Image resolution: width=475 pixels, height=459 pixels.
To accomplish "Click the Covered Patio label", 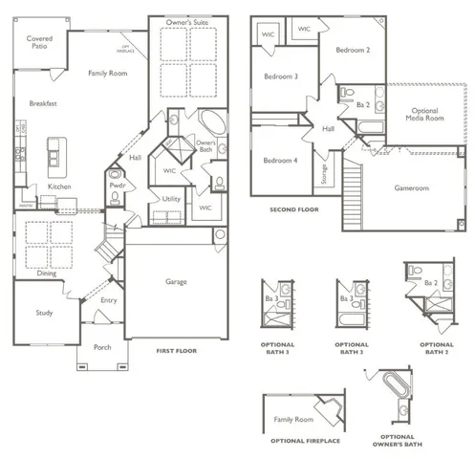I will [x=39, y=41].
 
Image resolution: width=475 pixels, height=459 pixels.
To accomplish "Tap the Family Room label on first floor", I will [x=107, y=73].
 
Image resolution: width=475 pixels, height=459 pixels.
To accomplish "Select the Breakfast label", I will [x=44, y=103].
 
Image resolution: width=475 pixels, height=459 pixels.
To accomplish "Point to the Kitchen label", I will [x=60, y=186].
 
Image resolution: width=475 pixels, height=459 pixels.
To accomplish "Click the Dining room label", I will [x=47, y=273].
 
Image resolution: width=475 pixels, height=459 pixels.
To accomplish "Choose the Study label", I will [x=44, y=313].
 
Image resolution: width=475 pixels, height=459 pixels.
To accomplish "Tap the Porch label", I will [x=102, y=348].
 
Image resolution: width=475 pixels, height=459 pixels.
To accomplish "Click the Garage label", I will [x=175, y=282].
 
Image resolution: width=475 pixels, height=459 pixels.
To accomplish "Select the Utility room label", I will [x=172, y=199].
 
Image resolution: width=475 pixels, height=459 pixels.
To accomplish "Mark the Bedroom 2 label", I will [x=353, y=49].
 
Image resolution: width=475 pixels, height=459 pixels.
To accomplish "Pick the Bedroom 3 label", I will [x=282, y=76].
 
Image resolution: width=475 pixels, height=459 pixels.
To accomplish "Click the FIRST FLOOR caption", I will [x=176, y=351].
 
